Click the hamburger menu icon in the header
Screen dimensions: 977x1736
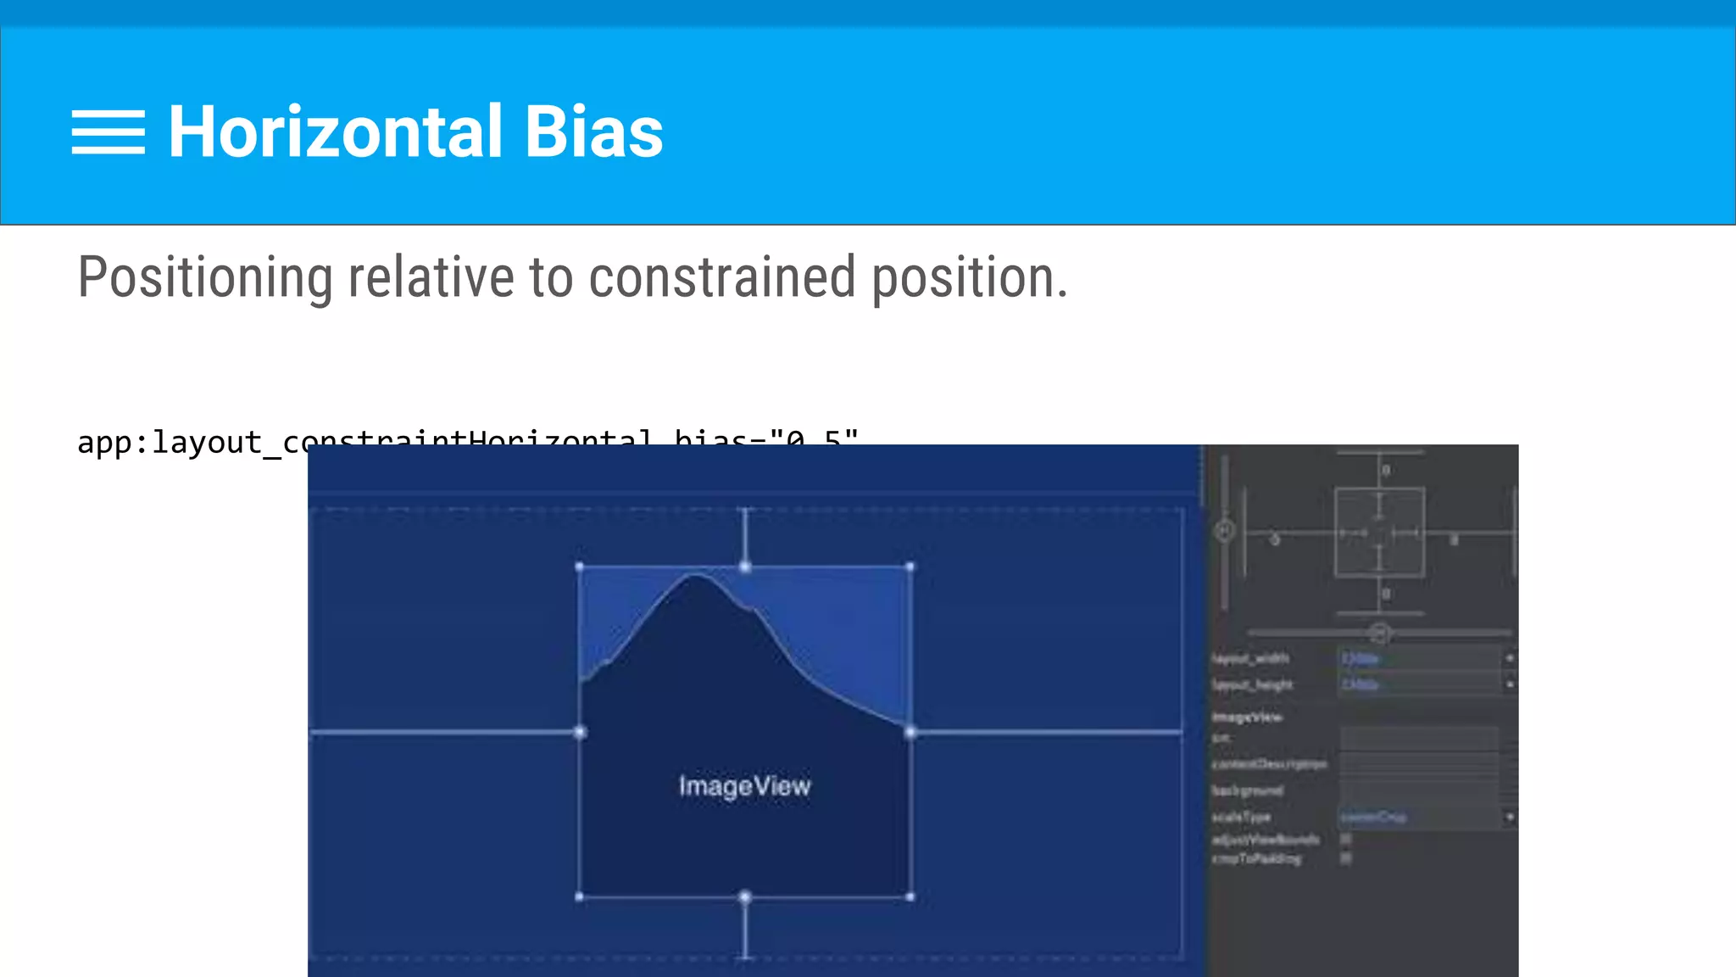click(x=108, y=132)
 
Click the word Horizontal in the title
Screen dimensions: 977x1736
click(x=336, y=132)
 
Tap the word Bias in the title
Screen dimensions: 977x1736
click(x=593, y=132)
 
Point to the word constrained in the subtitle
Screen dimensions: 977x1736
click(x=721, y=278)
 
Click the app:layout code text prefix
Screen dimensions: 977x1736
click(x=170, y=443)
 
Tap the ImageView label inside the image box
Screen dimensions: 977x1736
click(x=744, y=786)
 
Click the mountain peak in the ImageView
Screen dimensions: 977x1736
click(x=696, y=577)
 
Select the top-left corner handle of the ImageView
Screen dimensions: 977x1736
click(x=580, y=567)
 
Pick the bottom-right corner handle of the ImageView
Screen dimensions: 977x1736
click(x=910, y=896)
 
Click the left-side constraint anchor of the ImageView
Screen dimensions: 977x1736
click(x=580, y=732)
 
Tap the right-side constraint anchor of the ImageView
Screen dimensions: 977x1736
click(x=910, y=732)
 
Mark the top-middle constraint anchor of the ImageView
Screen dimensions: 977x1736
click(x=745, y=567)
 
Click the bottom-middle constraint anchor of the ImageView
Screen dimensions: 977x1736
click(x=745, y=896)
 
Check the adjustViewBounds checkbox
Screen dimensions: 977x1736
click(x=1346, y=839)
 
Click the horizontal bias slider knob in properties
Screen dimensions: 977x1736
click(x=1379, y=634)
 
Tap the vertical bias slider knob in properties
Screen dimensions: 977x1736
click(x=1225, y=532)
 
